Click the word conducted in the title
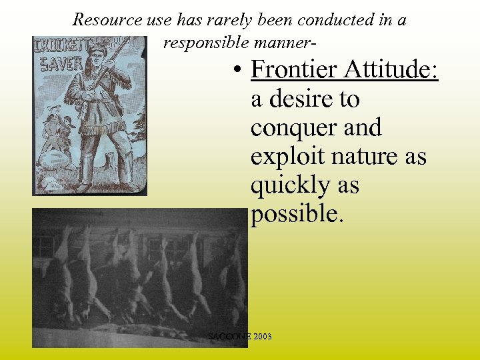[x=331, y=20]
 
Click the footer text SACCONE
[x=229, y=337]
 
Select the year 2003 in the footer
[x=261, y=337]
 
